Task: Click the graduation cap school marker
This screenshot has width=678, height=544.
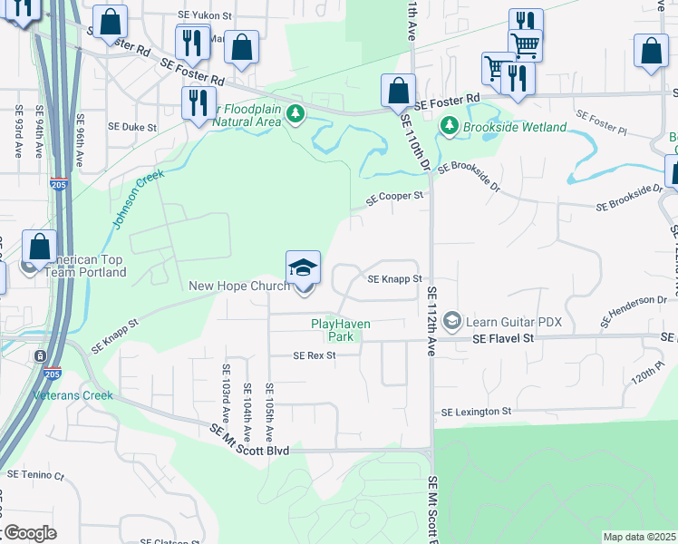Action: click(x=304, y=267)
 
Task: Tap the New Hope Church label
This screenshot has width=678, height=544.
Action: click(x=239, y=287)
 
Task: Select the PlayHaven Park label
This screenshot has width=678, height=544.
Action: click(x=341, y=329)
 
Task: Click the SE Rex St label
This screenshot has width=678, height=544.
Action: click(x=315, y=355)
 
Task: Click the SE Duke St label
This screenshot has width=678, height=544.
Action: click(x=132, y=128)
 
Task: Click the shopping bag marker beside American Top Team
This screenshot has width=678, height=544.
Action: click(x=40, y=246)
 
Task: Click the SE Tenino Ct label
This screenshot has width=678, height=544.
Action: click(x=36, y=474)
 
